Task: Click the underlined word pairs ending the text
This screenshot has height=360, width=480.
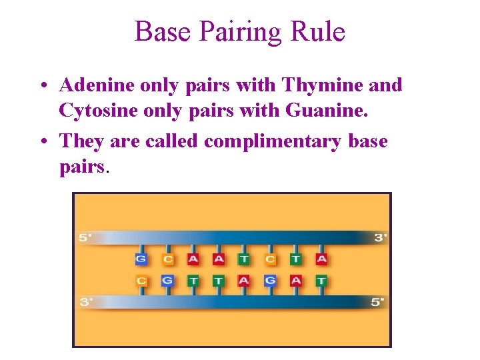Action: point(81,166)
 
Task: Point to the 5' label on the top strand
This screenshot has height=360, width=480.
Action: point(86,238)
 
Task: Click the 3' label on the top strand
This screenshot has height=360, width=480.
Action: point(381,238)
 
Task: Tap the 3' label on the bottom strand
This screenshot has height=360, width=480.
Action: point(86,302)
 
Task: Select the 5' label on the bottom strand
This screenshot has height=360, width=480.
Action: point(378,302)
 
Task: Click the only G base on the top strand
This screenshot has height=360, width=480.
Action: point(141,259)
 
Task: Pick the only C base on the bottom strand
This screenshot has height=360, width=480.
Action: point(141,281)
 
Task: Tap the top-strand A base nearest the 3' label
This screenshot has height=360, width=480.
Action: point(321,259)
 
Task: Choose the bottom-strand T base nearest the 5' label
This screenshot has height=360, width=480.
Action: point(321,281)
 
